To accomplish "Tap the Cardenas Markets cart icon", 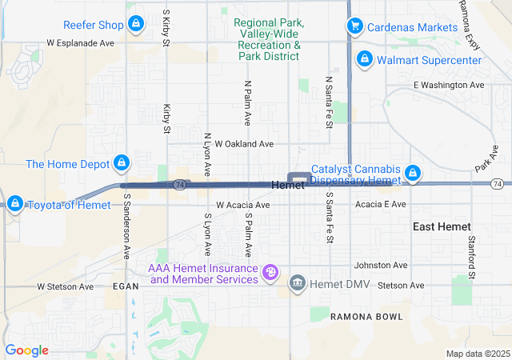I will [354, 26].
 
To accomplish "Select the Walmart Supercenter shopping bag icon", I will [364, 59].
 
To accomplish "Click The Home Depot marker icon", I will [122, 164].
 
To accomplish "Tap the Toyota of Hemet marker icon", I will [14, 204].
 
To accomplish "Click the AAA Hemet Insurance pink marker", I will [271, 274].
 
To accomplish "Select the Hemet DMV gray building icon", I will [297, 283].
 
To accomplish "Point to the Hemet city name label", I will [288, 186].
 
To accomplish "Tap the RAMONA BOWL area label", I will [367, 317].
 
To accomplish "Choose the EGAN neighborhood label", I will [126, 286].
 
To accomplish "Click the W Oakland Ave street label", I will [238, 144].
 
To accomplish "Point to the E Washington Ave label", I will [449, 85].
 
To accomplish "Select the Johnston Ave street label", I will [382, 266].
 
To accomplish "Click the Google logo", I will [26, 350].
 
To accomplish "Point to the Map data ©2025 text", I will [476, 354].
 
